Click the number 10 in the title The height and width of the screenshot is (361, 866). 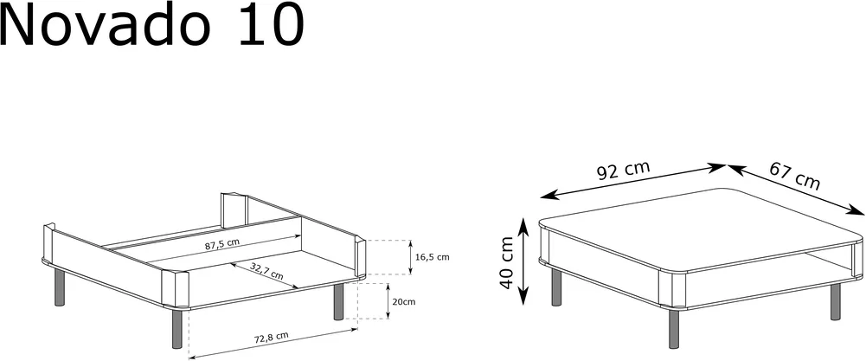tap(273, 25)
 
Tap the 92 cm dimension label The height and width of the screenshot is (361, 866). tap(624, 171)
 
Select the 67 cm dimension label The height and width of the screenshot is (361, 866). tap(795, 176)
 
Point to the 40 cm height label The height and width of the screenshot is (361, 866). tap(506, 263)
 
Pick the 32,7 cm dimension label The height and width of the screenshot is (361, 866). tap(266, 272)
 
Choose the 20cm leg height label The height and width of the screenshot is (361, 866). tap(403, 302)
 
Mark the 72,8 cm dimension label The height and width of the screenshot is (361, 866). tap(271, 336)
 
